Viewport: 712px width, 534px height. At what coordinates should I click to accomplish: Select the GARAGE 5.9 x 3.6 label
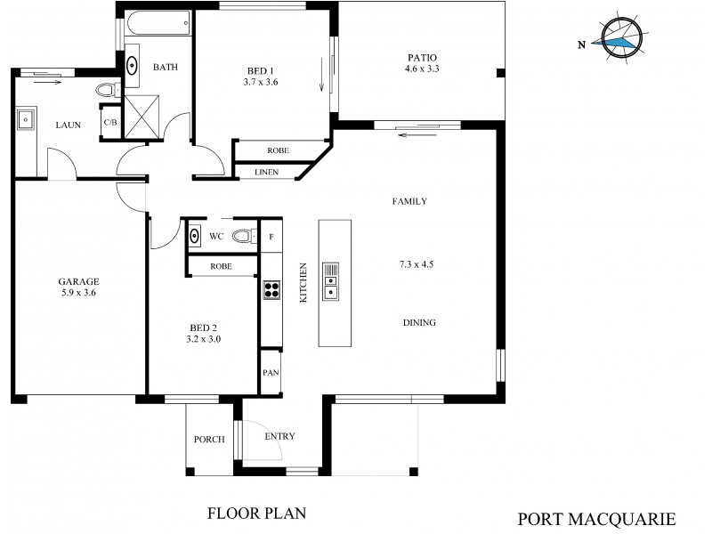(79, 286)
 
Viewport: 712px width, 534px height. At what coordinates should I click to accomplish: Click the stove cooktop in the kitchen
(271, 289)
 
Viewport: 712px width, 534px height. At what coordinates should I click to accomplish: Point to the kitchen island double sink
(330, 280)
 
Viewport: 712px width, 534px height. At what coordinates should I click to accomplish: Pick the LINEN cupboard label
(266, 172)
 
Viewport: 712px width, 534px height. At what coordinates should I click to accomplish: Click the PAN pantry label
(271, 374)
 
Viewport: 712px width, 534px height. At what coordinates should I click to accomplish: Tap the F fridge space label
(271, 237)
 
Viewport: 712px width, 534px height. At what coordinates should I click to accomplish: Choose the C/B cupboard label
(111, 122)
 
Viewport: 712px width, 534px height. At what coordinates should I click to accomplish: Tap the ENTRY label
(279, 436)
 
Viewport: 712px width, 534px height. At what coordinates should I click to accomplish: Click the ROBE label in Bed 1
(276, 150)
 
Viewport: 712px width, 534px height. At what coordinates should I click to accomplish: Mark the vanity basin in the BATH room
(133, 66)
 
